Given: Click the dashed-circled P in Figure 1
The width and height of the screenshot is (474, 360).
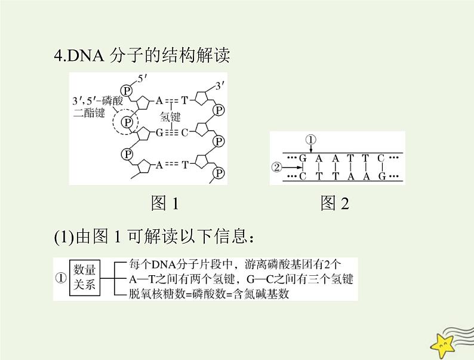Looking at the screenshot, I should pyautogui.click(x=126, y=123).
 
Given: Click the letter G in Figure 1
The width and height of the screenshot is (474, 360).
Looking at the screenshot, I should pyautogui.click(x=159, y=132).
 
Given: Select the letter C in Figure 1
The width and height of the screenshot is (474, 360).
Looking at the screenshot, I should pyautogui.click(x=185, y=132).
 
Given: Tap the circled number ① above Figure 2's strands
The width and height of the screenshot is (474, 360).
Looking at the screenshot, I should pyautogui.click(x=312, y=140).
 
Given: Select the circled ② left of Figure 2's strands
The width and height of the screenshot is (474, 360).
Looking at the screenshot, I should pyautogui.click(x=276, y=168).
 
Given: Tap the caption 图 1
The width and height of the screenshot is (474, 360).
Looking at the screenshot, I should pyautogui.click(x=165, y=204).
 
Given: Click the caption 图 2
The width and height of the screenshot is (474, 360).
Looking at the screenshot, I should pyautogui.click(x=334, y=204).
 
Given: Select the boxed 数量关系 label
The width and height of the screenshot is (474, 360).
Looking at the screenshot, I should pyautogui.click(x=85, y=278).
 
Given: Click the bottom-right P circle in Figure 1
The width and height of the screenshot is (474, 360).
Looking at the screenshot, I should pyautogui.click(x=219, y=173).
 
